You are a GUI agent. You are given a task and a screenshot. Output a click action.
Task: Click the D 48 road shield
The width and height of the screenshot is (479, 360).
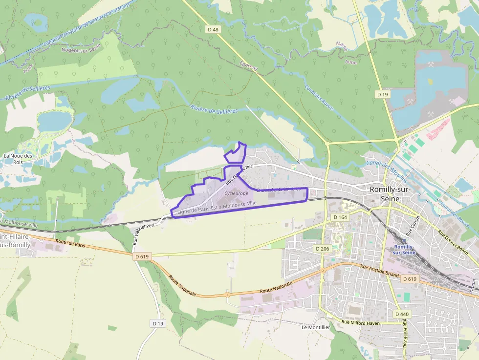(x=213, y=30)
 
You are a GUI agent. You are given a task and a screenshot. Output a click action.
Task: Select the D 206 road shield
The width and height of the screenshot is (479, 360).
(x=323, y=249)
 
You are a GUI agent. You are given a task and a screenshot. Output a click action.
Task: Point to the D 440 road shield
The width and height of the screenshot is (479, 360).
(x=402, y=314)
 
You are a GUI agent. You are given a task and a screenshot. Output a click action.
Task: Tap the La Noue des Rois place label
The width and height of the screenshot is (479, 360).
(x=18, y=159)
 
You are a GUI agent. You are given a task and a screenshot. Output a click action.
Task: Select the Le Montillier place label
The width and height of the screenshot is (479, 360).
(x=316, y=327)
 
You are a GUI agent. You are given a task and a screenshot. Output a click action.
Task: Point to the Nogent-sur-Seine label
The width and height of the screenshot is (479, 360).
(x=81, y=47)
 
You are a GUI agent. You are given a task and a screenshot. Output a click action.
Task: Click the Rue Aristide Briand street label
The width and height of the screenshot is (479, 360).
(x=379, y=271)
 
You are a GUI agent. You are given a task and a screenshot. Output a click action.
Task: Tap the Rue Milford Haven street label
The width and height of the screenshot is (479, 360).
(x=361, y=323)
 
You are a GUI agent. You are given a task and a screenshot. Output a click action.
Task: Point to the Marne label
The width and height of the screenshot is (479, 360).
(x=342, y=45)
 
